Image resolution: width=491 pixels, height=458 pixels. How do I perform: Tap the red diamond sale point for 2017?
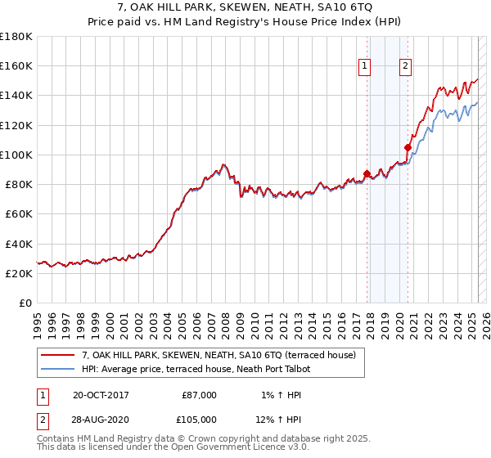[367, 173]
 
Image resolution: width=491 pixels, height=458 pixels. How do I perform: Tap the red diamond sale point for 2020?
[408, 147]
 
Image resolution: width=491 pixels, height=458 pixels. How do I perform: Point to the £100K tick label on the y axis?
[16, 155]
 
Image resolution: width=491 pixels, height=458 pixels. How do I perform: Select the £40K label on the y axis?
[19, 244]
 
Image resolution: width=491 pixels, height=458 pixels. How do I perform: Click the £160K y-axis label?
[16, 65]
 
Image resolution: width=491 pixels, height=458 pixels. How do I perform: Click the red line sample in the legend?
[57, 356]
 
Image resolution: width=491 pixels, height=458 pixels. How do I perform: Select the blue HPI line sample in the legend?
[57, 369]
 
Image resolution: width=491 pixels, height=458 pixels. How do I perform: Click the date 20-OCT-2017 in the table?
[101, 395]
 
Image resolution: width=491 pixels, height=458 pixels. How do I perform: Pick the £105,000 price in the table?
[199, 420]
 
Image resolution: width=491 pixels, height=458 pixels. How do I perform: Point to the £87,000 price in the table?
[199, 395]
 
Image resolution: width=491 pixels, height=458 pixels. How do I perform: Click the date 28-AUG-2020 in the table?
[101, 420]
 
